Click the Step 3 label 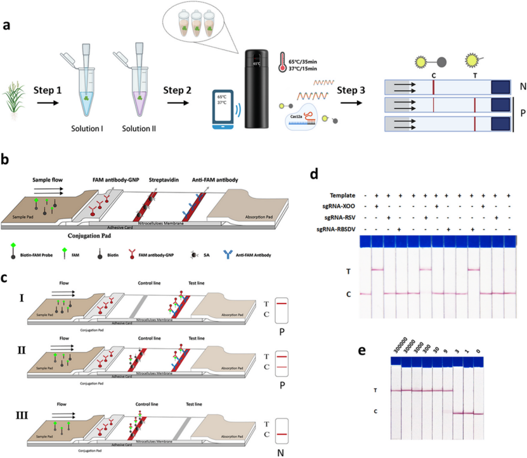(x=352, y=91)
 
